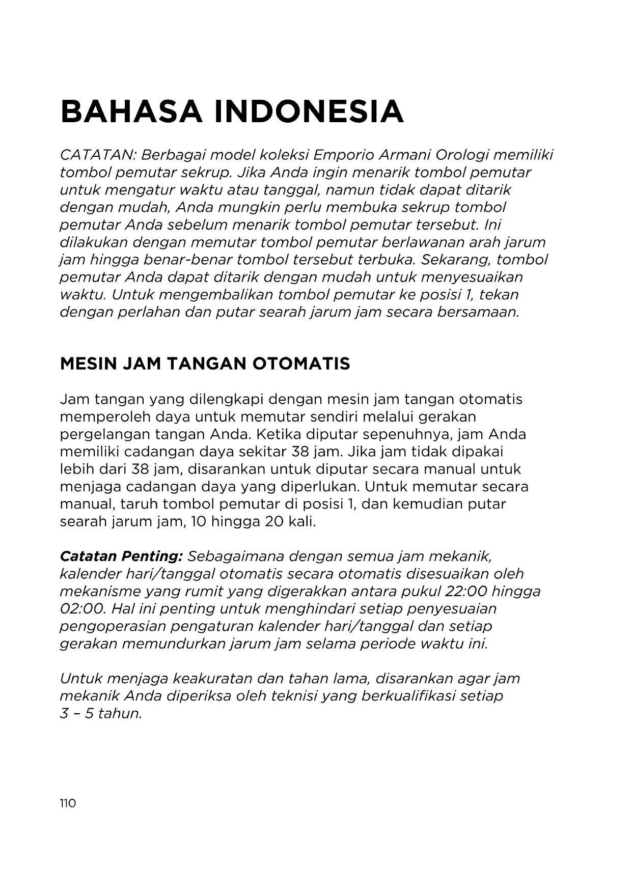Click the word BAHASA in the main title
pyautogui.click(x=130, y=111)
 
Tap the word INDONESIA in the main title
pyautogui.click(x=309, y=111)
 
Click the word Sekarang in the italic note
pyautogui.click(x=456, y=260)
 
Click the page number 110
pyautogui.click(x=68, y=803)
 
